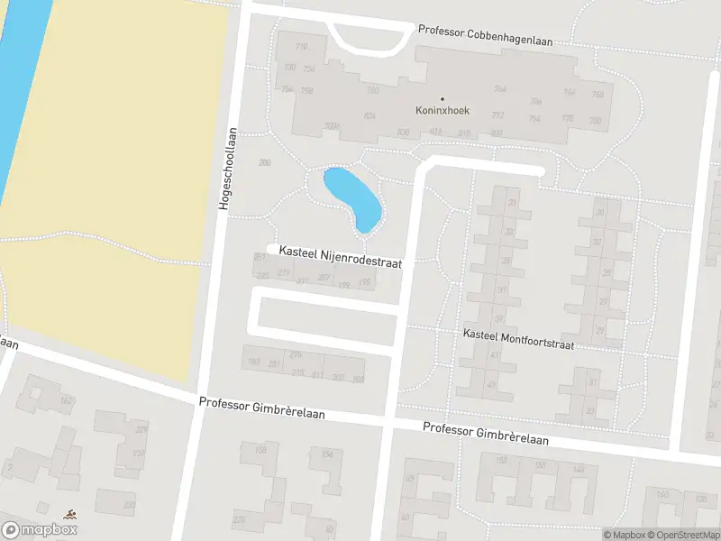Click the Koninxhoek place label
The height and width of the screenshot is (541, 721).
[x=442, y=111]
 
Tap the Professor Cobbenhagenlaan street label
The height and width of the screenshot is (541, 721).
[x=484, y=35]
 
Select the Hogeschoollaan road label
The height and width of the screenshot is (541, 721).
[x=229, y=169]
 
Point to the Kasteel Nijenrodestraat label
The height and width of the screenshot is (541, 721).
[x=341, y=255]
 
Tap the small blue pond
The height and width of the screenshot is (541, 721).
[x=353, y=196]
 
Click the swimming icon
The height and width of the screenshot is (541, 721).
[x=69, y=515]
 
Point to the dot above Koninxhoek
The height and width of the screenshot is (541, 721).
[x=442, y=98]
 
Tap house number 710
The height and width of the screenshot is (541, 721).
[x=301, y=47]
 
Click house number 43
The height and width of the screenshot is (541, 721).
[x=491, y=385]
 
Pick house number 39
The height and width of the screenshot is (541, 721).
[x=498, y=318]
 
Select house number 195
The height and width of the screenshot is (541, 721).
[x=365, y=283]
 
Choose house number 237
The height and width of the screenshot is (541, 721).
[x=260, y=257]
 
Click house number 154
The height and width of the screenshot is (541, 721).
[x=325, y=454]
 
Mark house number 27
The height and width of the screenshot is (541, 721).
[x=603, y=303]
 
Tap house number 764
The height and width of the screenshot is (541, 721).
[x=500, y=88]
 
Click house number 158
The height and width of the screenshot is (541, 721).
[x=261, y=449]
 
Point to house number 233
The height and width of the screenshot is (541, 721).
[x=130, y=505]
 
